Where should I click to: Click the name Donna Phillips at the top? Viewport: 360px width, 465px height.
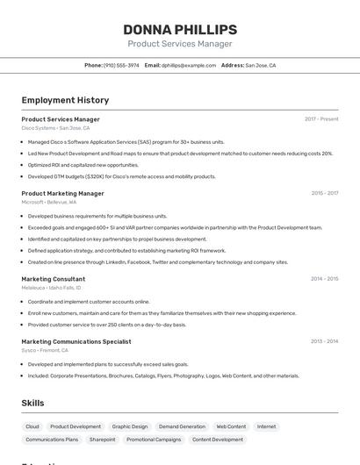(x=180, y=30)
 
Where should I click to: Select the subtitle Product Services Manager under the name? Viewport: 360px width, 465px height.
(x=180, y=44)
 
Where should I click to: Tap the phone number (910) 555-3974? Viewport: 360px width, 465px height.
(x=121, y=65)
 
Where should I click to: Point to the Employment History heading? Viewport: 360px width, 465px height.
(x=65, y=100)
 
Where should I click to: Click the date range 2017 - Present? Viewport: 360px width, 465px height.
(x=321, y=119)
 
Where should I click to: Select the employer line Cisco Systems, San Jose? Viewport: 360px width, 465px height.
(x=55, y=128)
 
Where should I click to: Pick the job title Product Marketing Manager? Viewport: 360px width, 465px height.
(x=62, y=193)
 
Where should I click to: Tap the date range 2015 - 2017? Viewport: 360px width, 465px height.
(x=324, y=193)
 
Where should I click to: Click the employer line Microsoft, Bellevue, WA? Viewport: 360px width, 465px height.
(x=48, y=202)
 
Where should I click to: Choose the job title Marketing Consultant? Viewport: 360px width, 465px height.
(x=54, y=279)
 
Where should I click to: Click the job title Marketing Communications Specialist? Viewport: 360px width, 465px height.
(x=76, y=341)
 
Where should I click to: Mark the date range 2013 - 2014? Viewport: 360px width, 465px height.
(x=324, y=341)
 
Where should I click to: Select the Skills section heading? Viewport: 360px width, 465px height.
(x=32, y=403)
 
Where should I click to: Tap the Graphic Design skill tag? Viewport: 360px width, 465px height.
(x=130, y=426)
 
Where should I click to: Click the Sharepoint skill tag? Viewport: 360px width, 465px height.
(x=102, y=440)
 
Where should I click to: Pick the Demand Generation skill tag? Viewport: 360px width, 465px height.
(x=182, y=426)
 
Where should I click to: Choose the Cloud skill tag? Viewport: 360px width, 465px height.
(x=32, y=426)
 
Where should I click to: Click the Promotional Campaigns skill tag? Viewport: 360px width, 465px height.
(x=154, y=440)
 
